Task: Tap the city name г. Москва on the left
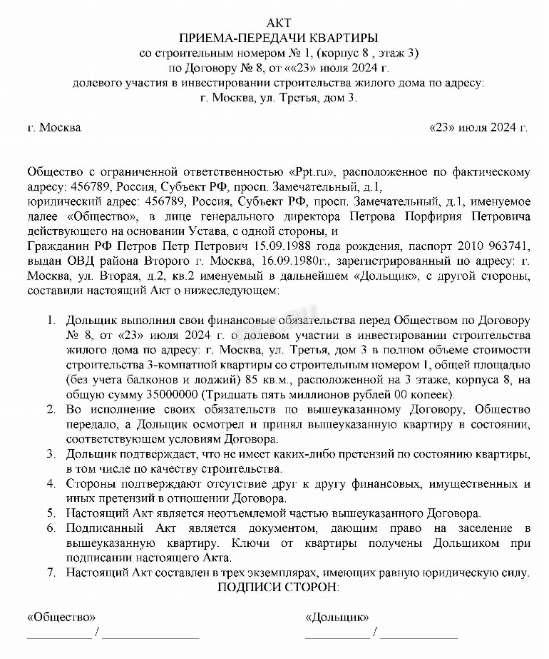pyautogui.click(x=53, y=129)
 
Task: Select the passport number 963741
pyautogui.click(x=503, y=246)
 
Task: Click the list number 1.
pyautogui.click(x=51, y=321)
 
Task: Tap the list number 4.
pyautogui.click(x=51, y=484)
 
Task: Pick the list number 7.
pyautogui.click(x=51, y=573)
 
